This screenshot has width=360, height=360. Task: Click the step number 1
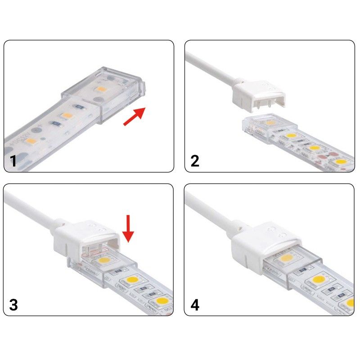coord(13,160)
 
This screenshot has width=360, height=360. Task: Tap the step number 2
coord(195,160)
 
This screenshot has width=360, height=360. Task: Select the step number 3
coord(13,305)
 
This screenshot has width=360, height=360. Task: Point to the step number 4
coord(195,305)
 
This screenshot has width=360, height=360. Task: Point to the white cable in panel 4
coord(207,211)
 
